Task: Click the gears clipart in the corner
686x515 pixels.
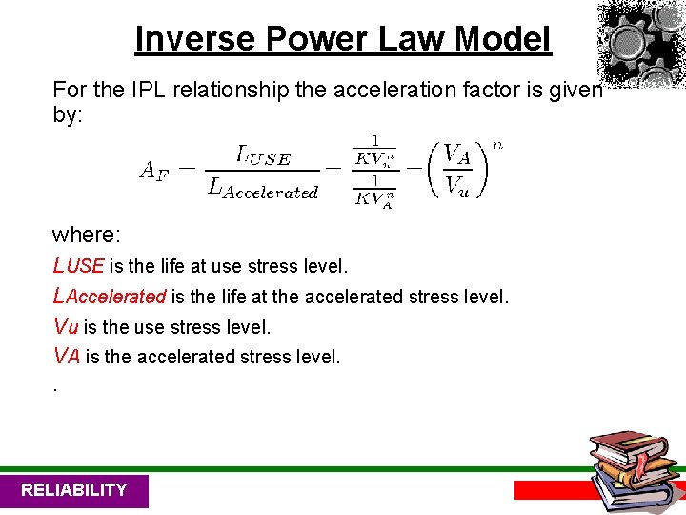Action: pos(641,43)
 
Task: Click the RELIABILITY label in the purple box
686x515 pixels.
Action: pos(73,490)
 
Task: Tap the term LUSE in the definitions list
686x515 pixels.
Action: pos(79,265)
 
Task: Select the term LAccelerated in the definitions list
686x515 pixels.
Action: pos(110,297)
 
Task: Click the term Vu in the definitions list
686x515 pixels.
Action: pos(66,327)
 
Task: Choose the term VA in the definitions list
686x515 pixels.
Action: pos(67,358)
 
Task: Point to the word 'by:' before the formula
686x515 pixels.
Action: pos(70,114)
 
